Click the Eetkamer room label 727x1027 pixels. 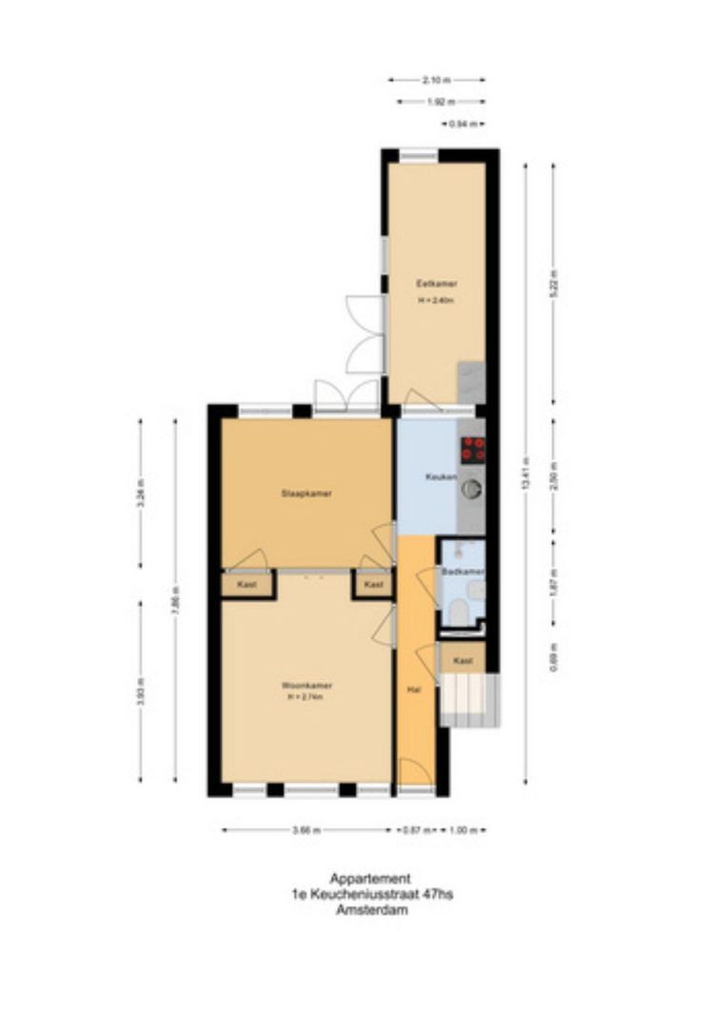pyautogui.click(x=437, y=283)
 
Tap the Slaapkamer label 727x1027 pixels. pyautogui.click(x=299, y=494)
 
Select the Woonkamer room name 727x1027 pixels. pyautogui.click(x=299, y=685)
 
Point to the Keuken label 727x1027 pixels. pyautogui.click(x=440, y=476)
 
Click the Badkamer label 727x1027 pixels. pyautogui.click(x=462, y=571)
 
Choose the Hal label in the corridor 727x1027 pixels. pyautogui.click(x=413, y=690)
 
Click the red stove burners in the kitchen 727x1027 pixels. pyautogui.click(x=473, y=449)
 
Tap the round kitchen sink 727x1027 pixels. pyautogui.click(x=471, y=490)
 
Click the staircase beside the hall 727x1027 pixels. pyautogui.click(x=467, y=698)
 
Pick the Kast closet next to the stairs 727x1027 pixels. pyautogui.click(x=462, y=660)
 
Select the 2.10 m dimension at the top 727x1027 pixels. pyautogui.click(x=437, y=80)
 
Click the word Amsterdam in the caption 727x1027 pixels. pyautogui.click(x=370, y=909)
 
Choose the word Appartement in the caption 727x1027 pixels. pyautogui.click(x=370, y=879)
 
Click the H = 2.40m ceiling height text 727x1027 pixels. pyautogui.click(x=437, y=300)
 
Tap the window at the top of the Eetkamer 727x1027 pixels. pyautogui.click(x=418, y=154)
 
